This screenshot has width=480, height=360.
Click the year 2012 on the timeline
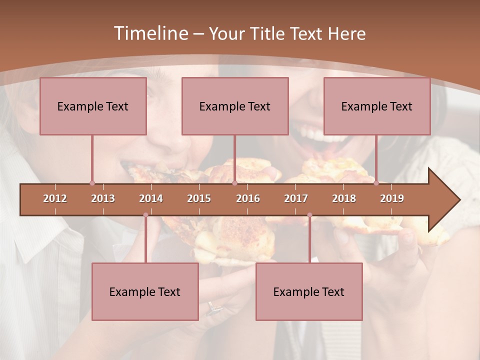click(55, 198)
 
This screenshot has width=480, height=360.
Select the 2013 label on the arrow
click(103, 198)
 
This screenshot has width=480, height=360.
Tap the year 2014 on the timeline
click(151, 198)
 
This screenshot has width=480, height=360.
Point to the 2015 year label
click(199, 198)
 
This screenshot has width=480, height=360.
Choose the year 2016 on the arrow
click(248, 198)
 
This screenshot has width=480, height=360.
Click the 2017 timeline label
click(296, 198)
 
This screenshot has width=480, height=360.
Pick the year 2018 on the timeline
click(344, 198)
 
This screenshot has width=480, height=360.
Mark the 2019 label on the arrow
click(392, 198)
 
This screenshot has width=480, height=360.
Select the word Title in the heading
click(266, 33)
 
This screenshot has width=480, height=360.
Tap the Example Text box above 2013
click(93, 106)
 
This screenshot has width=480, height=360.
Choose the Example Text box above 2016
click(235, 106)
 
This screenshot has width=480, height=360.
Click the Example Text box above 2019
click(377, 106)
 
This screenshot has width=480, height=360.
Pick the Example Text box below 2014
click(145, 291)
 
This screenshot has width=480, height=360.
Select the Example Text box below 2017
click(309, 291)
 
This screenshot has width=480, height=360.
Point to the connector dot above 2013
click(92, 183)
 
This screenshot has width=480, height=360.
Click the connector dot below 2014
click(145, 215)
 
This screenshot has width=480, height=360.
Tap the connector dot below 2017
click(309, 215)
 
